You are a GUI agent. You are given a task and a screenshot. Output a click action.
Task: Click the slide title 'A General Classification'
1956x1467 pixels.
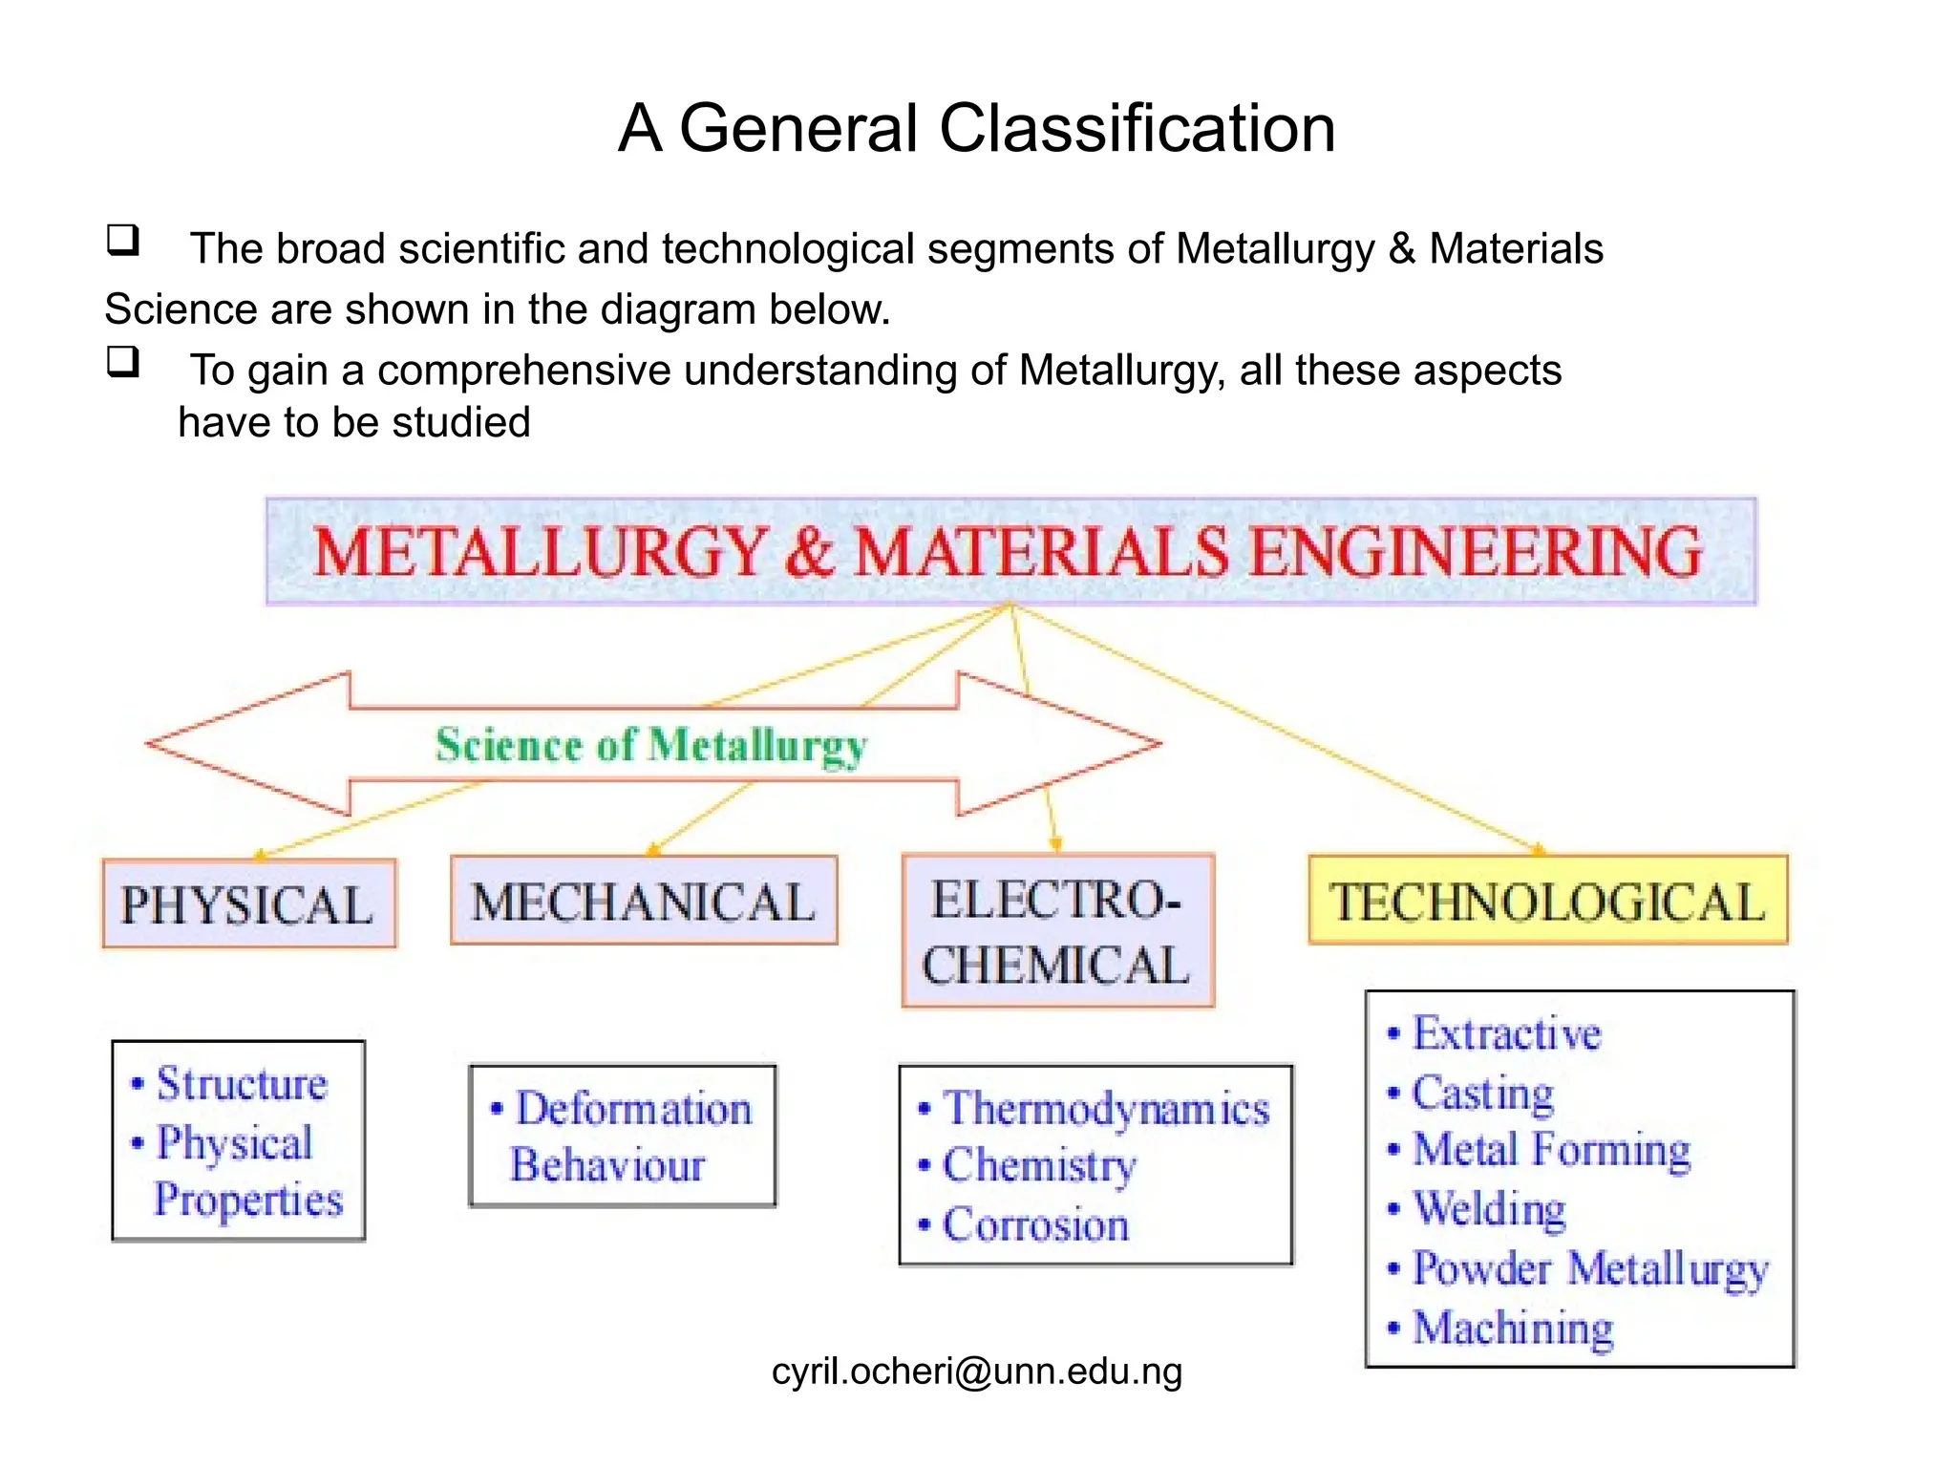(976, 128)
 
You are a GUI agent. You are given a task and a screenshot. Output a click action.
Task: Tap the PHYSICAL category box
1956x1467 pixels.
(248, 904)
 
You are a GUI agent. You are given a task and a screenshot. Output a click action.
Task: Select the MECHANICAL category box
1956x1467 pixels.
(644, 901)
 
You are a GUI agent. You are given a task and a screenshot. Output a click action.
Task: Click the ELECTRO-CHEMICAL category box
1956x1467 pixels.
(1057, 931)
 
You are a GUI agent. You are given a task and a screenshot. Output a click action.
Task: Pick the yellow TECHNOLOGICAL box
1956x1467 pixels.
(1547, 901)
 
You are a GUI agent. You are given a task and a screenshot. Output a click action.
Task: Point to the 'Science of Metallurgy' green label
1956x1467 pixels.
(651, 745)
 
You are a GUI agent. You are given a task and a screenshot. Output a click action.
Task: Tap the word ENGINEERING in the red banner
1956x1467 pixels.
(1476, 552)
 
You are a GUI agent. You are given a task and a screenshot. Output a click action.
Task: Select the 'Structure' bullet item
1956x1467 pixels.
(242, 1084)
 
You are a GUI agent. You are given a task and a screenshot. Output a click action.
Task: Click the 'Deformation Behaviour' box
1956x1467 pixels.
(623, 1137)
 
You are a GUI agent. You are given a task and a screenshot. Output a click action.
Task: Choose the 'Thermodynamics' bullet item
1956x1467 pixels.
(1106, 1109)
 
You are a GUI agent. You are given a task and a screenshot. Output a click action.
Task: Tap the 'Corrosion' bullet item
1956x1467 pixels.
(1035, 1224)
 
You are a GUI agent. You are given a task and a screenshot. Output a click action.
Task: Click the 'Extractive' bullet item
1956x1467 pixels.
(1506, 1033)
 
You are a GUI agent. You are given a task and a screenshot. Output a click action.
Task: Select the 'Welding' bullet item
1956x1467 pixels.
(1489, 1209)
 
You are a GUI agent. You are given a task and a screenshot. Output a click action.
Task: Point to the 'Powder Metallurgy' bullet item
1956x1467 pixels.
(1590, 1269)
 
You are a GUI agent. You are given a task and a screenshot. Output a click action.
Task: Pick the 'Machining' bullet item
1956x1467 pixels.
(1513, 1328)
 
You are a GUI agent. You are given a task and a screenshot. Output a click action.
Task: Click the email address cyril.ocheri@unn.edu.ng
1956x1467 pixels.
(976, 1371)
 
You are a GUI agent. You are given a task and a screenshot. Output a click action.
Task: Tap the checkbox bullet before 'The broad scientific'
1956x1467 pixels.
(123, 240)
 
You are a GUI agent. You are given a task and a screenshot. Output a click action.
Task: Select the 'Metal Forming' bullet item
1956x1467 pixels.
(1551, 1150)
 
